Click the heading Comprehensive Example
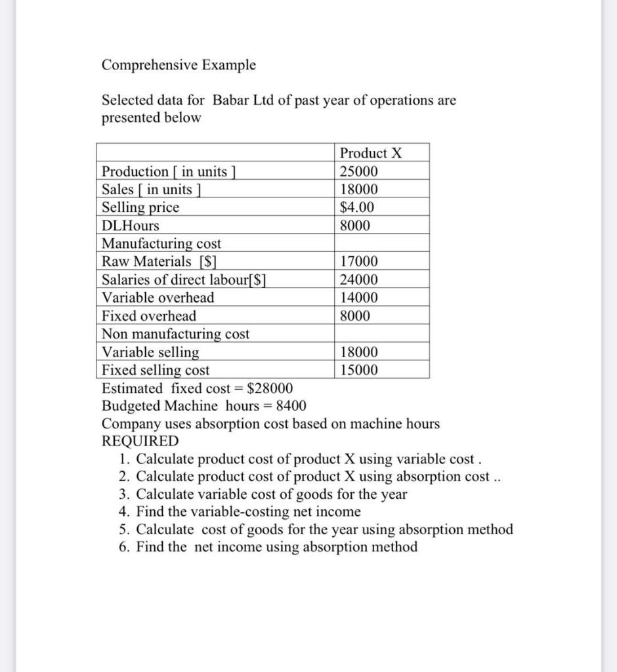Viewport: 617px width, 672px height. [x=179, y=65]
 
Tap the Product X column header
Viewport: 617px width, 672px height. [x=370, y=154]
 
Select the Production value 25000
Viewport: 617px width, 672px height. [x=358, y=172]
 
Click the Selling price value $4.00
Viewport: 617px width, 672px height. [x=357, y=207]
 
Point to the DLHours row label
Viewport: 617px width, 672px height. [x=131, y=226]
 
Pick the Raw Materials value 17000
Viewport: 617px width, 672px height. [x=358, y=262]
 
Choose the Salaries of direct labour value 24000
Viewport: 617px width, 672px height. [x=358, y=280]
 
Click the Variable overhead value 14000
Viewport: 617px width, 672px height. [x=358, y=297]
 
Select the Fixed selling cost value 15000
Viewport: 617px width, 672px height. [x=358, y=370]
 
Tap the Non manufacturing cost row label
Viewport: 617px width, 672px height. [x=175, y=334]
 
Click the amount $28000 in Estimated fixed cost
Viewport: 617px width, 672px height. [x=270, y=388]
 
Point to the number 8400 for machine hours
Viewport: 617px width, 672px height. [x=291, y=406]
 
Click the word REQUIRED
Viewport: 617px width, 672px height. [x=140, y=441]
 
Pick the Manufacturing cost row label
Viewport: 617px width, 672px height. [x=161, y=243]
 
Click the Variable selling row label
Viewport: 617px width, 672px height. [x=150, y=352]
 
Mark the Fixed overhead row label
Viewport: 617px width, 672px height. [x=149, y=316]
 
